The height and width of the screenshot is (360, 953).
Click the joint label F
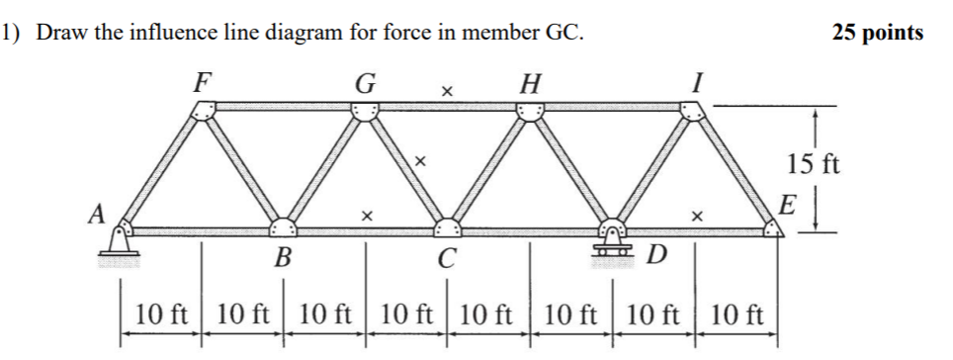(203, 80)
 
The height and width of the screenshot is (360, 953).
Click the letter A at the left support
(95, 214)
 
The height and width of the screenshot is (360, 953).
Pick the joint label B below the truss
(283, 260)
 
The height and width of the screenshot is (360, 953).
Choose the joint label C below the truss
(447, 260)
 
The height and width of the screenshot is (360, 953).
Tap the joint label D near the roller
(656, 258)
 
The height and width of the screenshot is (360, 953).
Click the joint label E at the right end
(787, 207)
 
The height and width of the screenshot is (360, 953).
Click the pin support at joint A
(120, 244)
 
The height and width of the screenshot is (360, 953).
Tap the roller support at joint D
(613, 244)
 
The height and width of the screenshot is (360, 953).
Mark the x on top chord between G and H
(447, 92)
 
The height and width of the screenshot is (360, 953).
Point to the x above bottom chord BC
(367, 214)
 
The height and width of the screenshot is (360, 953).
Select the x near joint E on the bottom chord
(697, 214)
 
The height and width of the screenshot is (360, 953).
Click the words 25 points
(878, 33)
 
